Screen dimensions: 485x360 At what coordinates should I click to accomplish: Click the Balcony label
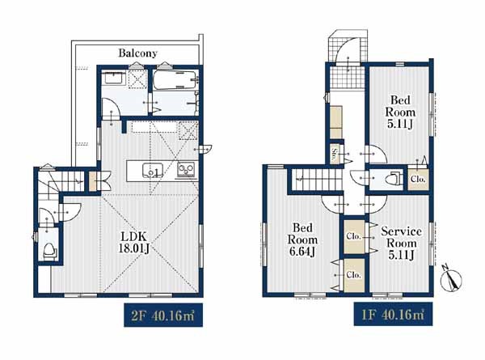click(138, 53)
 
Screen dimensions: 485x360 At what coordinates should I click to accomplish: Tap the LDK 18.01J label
click(134, 243)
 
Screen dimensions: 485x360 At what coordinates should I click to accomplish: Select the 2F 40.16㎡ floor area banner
click(163, 316)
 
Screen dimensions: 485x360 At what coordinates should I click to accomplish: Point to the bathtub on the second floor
click(175, 80)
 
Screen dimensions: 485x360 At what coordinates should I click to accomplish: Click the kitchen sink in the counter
click(153, 171)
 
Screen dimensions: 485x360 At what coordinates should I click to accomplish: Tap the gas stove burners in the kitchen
click(186, 170)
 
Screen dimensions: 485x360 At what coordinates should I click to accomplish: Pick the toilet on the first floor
click(392, 179)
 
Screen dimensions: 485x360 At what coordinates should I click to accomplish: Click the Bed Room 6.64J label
click(302, 239)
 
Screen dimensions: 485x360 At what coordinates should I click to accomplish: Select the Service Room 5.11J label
click(401, 243)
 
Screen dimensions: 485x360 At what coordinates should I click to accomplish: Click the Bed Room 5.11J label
click(400, 112)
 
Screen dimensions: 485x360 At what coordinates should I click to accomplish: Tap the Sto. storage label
click(335, 154)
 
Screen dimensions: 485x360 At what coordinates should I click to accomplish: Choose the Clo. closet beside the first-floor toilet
click(418, 179)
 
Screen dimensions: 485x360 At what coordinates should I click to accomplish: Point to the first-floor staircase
click(318, 180)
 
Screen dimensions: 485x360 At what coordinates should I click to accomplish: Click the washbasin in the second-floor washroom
click(114, 78)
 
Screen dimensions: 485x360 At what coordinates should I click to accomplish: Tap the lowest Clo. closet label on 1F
click(354, 275)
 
